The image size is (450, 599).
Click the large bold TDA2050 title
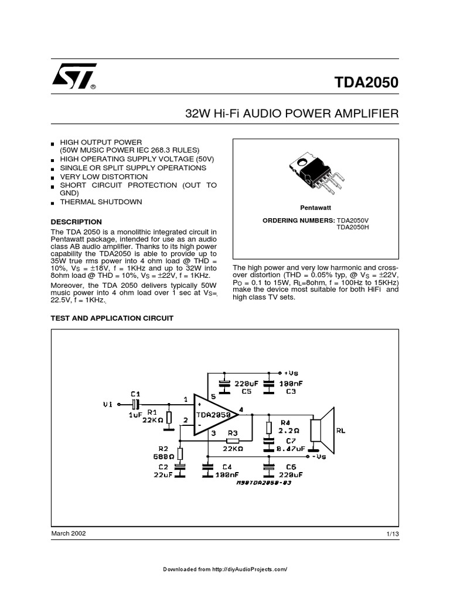coord(368,83)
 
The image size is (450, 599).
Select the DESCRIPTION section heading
coord(76,222)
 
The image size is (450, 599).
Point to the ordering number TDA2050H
coord(354,228)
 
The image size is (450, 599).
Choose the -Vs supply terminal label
coord(319,456)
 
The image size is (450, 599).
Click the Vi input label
coord(107,404)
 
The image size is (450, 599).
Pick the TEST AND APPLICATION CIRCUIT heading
coord(112,318)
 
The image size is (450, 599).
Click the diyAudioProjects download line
coord(225,569)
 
